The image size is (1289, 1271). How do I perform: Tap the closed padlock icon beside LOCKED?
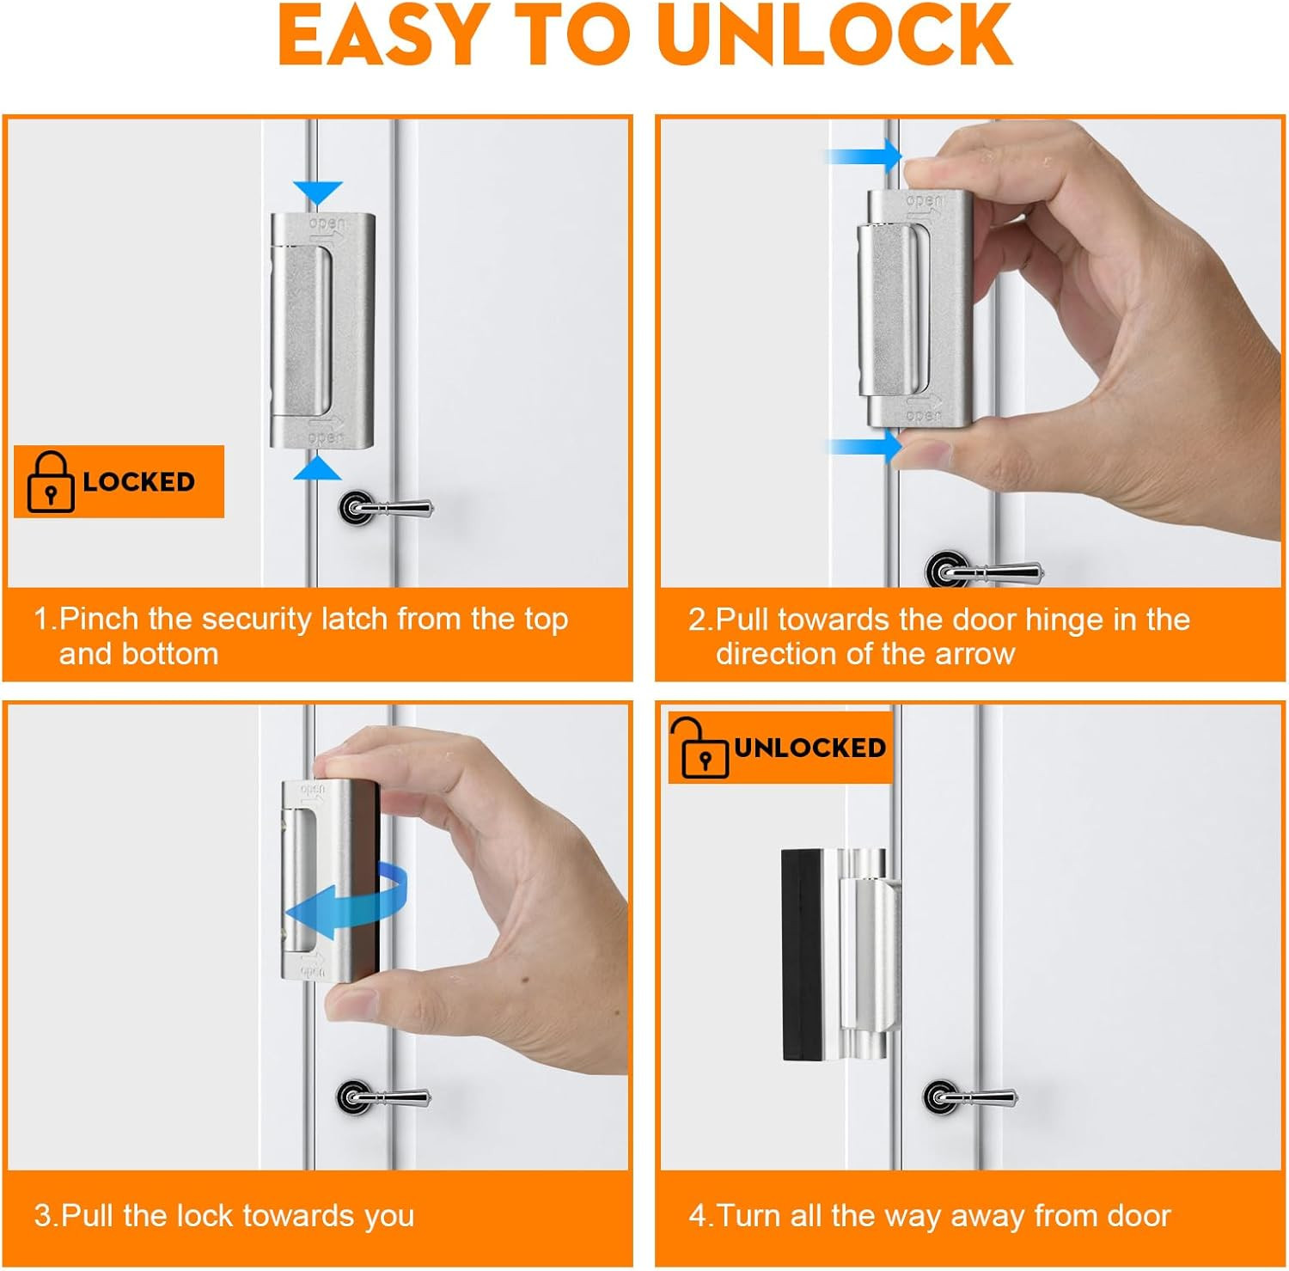51,481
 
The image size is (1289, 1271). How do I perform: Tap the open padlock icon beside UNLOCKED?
699,747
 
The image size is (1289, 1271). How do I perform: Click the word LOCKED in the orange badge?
139,481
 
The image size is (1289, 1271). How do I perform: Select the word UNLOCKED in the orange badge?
809,748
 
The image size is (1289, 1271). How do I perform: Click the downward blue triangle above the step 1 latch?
318,192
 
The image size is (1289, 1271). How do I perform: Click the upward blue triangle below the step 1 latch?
318,467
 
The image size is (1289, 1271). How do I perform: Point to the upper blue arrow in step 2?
864,156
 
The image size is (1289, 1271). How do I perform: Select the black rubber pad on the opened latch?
802,954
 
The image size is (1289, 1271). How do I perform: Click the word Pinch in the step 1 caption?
99,620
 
